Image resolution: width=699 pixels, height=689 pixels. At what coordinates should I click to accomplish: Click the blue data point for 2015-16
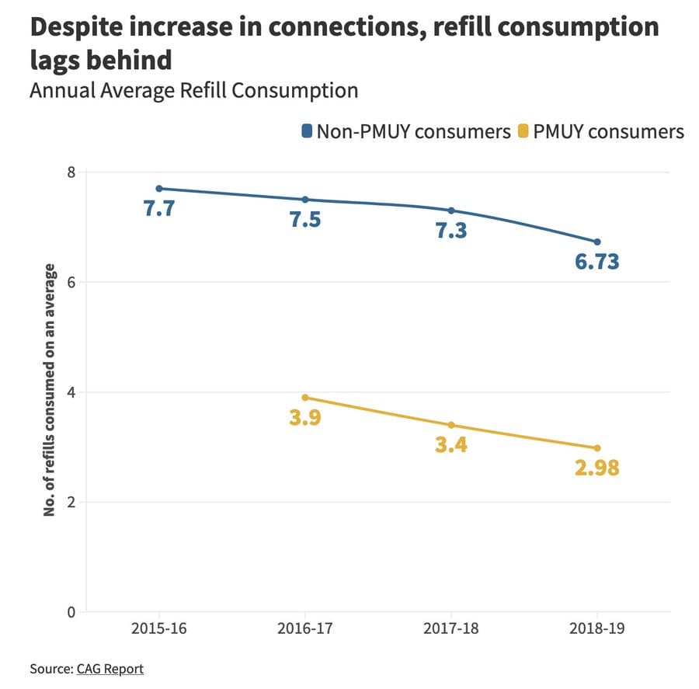click(x=159, y=189)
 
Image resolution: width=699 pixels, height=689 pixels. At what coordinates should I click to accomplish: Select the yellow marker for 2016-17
click(x=305, y=397)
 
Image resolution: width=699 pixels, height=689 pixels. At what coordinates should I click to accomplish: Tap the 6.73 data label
click(x=596, y=262)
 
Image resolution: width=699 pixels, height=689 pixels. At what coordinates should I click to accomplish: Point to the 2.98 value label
click(x=596, y=468)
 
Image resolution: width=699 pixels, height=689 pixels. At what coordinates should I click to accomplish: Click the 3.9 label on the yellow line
click(x=305, y=418)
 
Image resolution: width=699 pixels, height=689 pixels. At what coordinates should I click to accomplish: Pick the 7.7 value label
click(x=159, y=209)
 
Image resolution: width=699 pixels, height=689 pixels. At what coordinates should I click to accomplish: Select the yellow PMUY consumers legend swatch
click(x=524, y=131)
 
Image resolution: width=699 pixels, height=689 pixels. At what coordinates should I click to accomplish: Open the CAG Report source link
click(x=110, y=668)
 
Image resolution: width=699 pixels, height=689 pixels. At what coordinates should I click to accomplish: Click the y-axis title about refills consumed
click(x=49, y=390)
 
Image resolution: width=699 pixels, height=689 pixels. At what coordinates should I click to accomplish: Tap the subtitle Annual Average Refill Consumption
click(x=193, y=90)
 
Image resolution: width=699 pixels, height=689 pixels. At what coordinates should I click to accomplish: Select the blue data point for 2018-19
click(x=596, y=242)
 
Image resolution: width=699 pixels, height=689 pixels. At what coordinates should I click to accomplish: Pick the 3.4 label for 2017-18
click(x=450, y=446)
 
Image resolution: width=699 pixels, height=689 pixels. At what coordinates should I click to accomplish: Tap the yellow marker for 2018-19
click(x=596, y=448)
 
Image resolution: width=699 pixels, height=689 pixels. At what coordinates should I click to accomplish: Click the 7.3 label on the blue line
click(x=450, y=231)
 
